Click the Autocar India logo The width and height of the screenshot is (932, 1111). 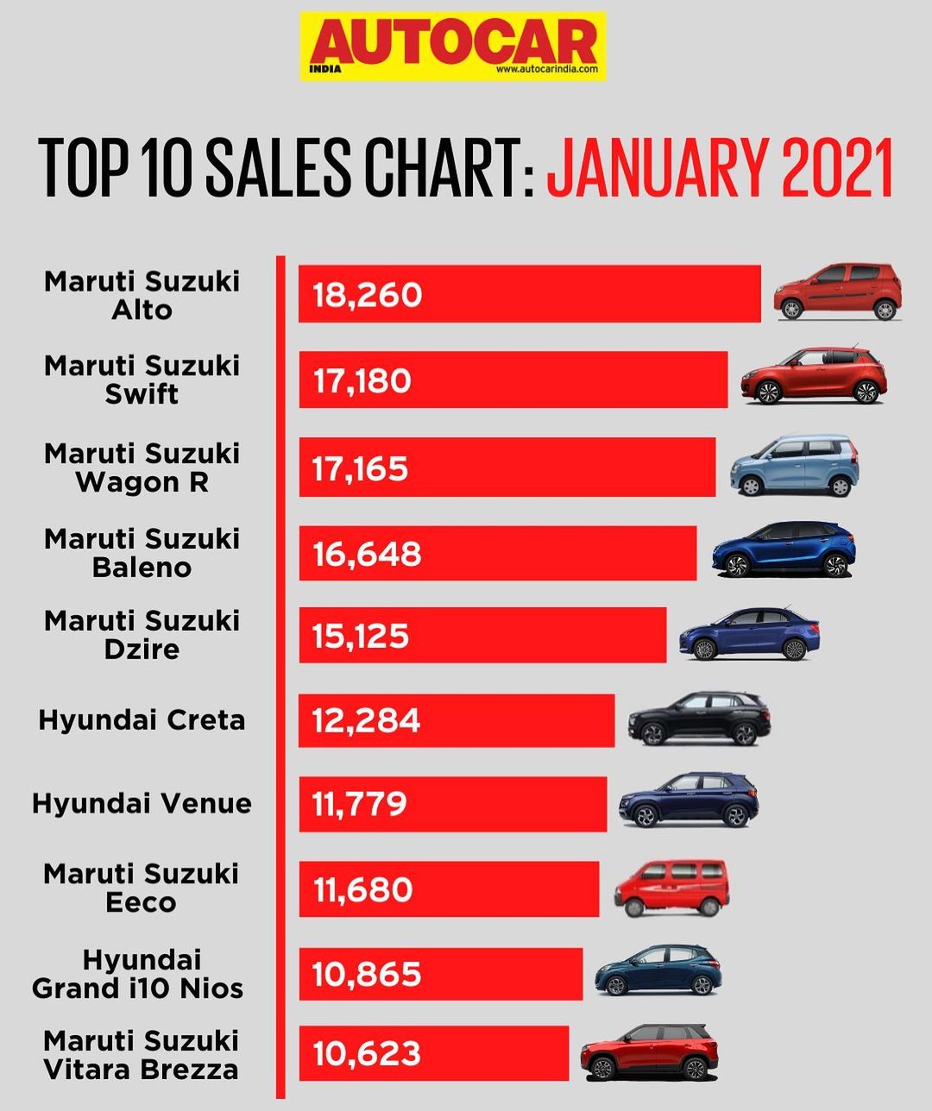(x=451, y=45)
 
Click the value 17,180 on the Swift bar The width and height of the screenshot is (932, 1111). (x=362, y=380)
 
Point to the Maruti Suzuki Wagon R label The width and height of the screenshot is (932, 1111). (x=142, y=468)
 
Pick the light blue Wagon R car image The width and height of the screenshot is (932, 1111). (x=795, y=466)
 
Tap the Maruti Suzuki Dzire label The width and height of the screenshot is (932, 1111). (x=142, y=635)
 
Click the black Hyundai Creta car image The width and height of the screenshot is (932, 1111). (x=699, y=719)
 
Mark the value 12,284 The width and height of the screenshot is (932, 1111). (x=367, y=720)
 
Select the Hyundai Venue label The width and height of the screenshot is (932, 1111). (x=142, y=804)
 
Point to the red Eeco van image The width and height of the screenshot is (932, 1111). (x=671, y=888)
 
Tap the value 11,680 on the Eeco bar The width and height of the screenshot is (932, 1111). (x=363, y=889)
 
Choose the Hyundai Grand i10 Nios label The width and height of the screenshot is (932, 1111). (x=138, y=974)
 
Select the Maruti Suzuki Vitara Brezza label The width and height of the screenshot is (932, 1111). (x=141, y=1055)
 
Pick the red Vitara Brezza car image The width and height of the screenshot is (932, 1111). (x=649, y=1053)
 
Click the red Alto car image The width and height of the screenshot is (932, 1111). (x=838, y=292)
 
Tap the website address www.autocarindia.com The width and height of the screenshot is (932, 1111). (x=547, y=69)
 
